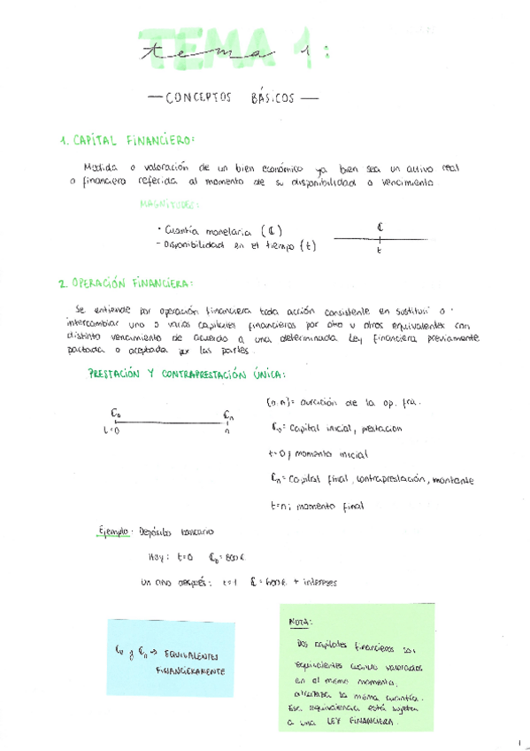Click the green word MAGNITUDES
pyautogui.click(x=170, y=205)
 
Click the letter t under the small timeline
pyautogui.click(x=379, y=252)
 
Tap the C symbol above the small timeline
pyautogui.click(x=378, y=226)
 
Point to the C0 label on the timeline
pyautogui.click(x=115, y=412)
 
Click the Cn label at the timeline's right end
pyautogui.click(x=227, y=414)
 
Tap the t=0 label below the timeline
pyautogui.click(x=111, y=431)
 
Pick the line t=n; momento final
pyautogui.click(x=316, y=507)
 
